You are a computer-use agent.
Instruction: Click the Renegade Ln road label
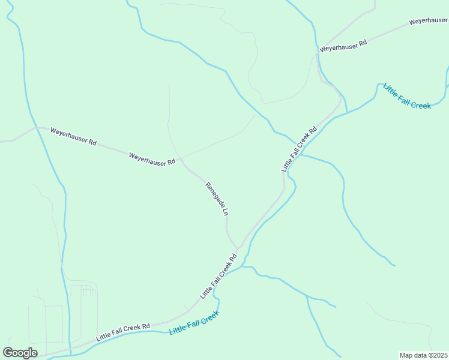[x=217, y=199]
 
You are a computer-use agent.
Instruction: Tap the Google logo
[x=20, y=353]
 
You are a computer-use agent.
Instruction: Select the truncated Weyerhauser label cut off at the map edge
[x=429, y=21]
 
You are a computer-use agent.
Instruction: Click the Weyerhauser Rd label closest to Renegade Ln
[x=152, y=159]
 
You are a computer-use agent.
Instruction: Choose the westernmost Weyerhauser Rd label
[x=73, y=136]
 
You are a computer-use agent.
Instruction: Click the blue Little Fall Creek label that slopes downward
[x=407, y=97]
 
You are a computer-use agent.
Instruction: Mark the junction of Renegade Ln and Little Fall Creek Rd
[x=238, y=248]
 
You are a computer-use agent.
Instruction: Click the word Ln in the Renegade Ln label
[x=226, y=212]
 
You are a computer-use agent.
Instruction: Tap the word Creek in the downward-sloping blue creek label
[x=420, y=104]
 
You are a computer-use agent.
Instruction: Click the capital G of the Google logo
[x=8, y=352]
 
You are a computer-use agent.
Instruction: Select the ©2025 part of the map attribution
[x=436, y=355]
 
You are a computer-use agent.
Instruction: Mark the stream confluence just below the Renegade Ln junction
[x=243, y=266]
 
